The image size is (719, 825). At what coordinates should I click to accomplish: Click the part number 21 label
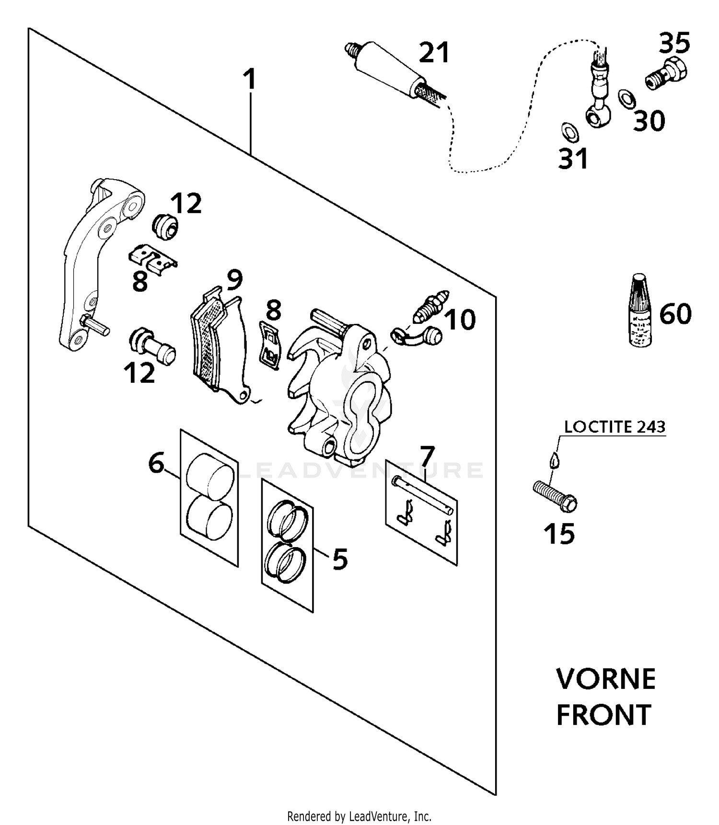coord(434,53)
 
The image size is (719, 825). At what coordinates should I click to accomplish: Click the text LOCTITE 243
coord(615,426)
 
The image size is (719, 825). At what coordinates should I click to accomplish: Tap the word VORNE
coord(606,679)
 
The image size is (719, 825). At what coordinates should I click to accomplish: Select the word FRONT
coord(603,715)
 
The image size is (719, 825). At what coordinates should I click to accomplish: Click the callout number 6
coord(156,463)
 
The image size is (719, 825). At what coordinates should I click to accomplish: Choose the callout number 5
coord(339,559)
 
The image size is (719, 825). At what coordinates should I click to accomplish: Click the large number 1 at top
coord(250,80)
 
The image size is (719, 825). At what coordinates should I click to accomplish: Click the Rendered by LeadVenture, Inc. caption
coord(359,815)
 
